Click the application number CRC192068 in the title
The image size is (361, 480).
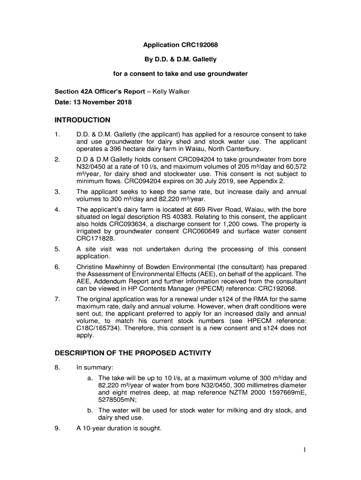(200, 45)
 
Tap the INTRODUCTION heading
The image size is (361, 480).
(83, 120)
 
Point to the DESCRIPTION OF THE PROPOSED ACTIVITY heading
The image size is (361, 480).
(133, 352)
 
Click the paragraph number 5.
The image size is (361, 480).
(57, 249)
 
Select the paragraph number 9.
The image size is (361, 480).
(57, 427)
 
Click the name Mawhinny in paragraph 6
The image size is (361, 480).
(126, 267)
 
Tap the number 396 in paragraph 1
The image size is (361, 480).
(114, 149)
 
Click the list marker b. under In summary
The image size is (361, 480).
(90, 410)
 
